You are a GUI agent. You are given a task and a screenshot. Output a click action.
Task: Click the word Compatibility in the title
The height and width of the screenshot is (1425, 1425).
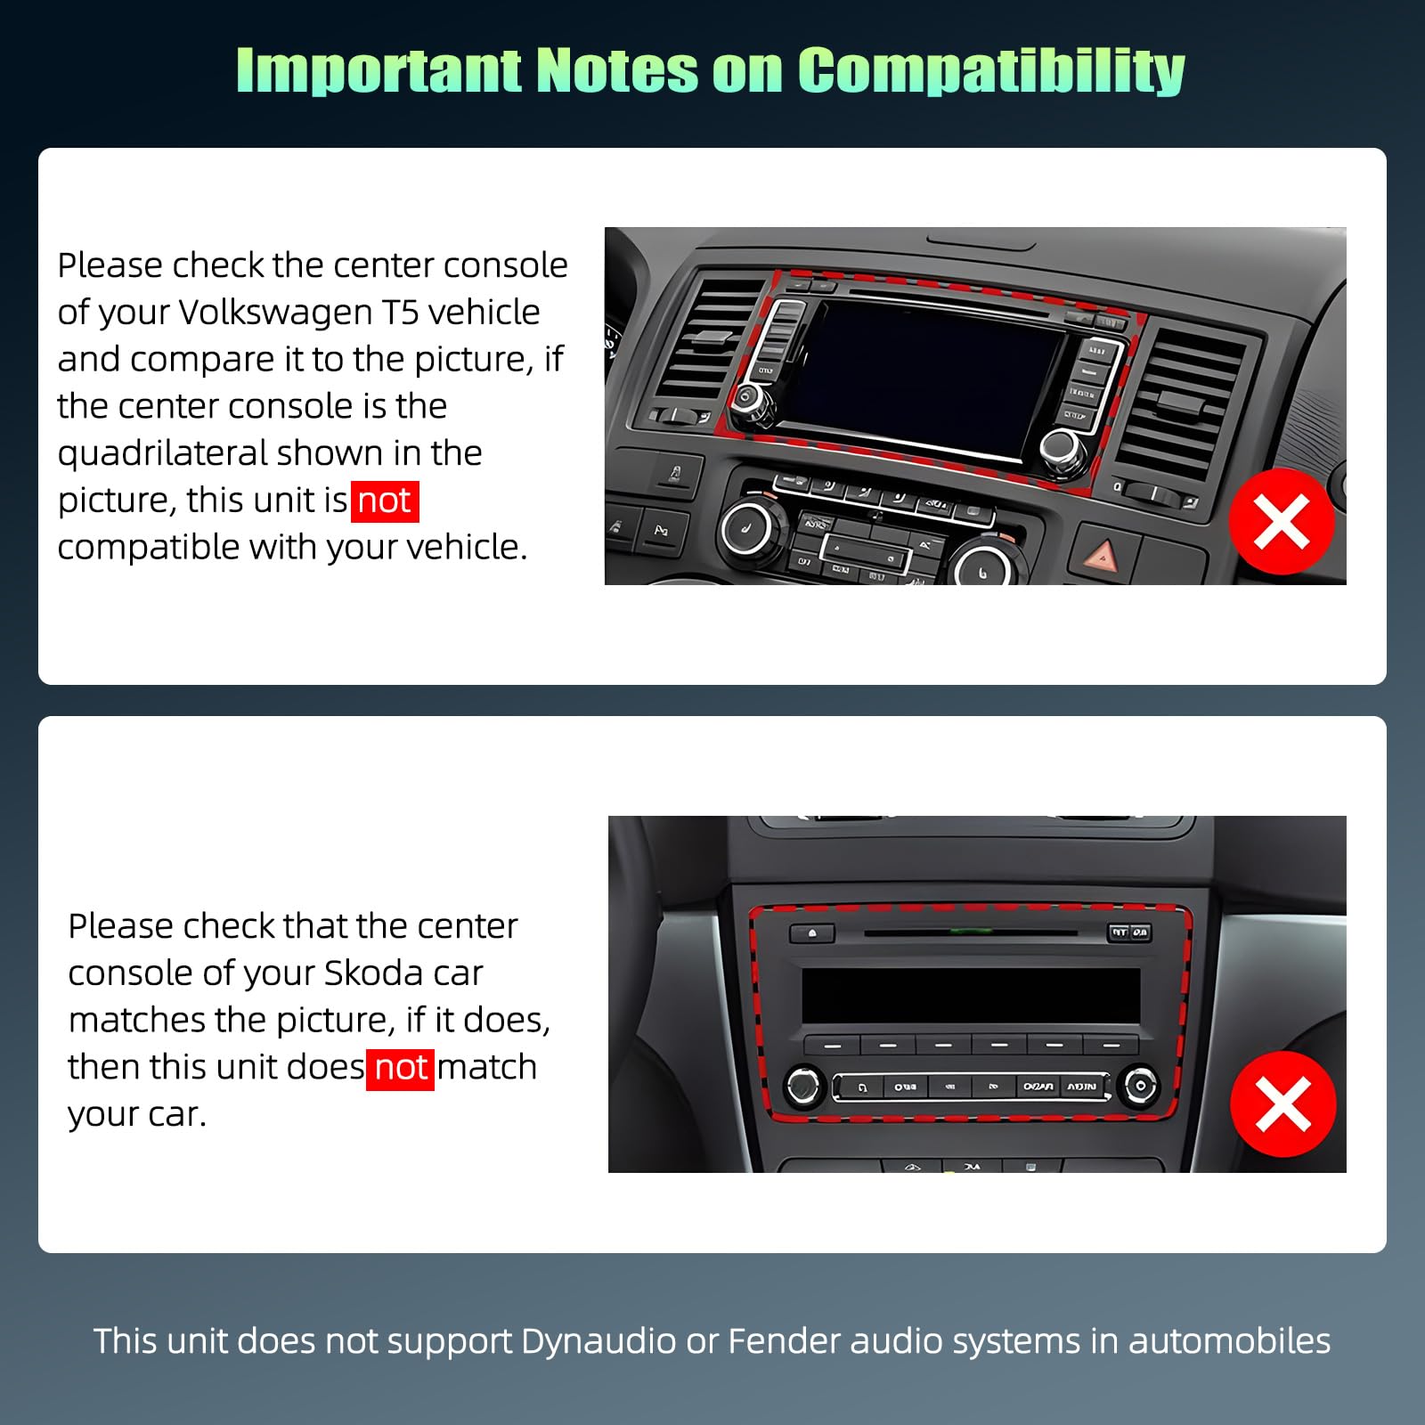(990, 70)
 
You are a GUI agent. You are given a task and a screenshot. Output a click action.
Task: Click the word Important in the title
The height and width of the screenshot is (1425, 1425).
(379, 70)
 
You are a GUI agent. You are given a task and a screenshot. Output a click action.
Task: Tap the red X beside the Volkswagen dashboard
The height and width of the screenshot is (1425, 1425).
(1282, 521)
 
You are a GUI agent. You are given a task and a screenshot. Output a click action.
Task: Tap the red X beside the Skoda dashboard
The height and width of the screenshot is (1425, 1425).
(1283, 1103)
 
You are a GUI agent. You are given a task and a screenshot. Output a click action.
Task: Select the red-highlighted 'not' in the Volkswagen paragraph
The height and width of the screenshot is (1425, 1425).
(385, 501)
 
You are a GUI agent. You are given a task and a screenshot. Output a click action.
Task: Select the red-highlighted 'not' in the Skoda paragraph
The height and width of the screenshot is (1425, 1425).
(401, 1068)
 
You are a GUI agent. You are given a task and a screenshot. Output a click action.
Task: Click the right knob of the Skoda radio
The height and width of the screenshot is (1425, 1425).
(1140, 1086)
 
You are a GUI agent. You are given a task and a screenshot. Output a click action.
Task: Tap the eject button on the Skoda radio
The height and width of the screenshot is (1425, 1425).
(811, 933)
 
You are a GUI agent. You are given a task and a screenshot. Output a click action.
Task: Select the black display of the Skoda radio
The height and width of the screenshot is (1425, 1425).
(971, 995)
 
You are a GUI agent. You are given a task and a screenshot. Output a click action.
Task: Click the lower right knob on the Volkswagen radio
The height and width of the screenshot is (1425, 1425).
(1064, 448)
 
